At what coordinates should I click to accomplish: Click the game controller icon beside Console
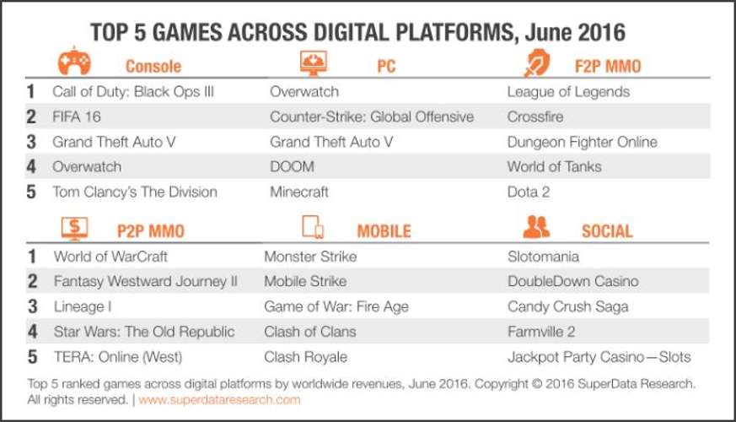(x=74, y=61)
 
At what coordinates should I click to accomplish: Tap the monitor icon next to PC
(x=313, y=62)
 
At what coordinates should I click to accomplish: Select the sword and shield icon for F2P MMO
(x=536, y=62)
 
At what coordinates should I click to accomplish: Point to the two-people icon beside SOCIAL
(x=536, y=226)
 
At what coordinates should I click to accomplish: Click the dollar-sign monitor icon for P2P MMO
(x=75, y=229)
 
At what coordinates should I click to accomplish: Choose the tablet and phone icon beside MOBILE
(x=313, y=227)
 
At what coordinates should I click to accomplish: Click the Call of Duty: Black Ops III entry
(x=133, y=92)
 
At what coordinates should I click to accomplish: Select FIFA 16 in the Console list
(x=77, y=116)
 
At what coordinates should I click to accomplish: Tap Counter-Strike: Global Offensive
(x=372, y=116)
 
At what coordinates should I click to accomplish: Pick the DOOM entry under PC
(x=292, y=167)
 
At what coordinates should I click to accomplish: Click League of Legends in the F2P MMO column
(x=568, y=92)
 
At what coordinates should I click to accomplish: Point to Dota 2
(x=529, y=192)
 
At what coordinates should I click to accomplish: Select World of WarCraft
(x=110, y=257)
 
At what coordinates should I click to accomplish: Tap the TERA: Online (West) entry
(x=118, y=357)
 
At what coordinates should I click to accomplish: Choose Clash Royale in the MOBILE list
(x=305, y=357)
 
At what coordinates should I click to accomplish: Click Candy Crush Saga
(x=568, y=307)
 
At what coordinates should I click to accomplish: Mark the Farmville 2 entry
(x=541, y=332)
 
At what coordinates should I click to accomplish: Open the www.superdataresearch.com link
(x=220, y=400)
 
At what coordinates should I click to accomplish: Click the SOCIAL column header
(x=607, y=231)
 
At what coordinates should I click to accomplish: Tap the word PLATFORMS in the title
(x=455, y=32)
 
